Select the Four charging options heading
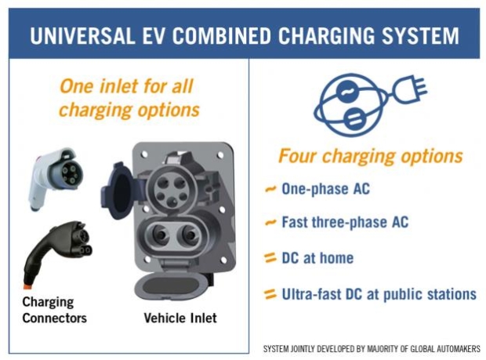pyautogui.click(x=370, y=155)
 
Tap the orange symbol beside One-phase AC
pyautogui.click(x=270, y=191)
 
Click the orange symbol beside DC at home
pyautogui.click(x=270, y=257)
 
